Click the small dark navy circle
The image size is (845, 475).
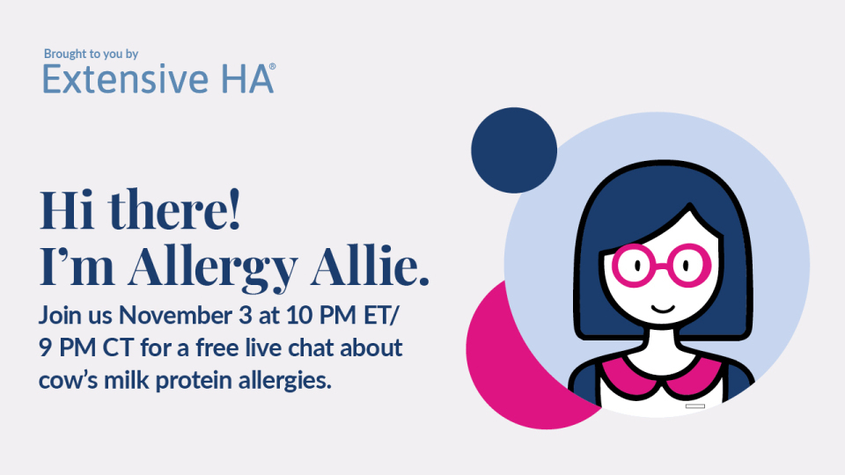tap(514, 150)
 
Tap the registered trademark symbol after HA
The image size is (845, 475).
tap(272, 67)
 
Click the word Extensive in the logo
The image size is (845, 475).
tap(125, 79)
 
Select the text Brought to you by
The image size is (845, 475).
tap(91, 54)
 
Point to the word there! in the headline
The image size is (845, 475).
tap(174, 209)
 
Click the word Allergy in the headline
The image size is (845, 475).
tap(212, 267)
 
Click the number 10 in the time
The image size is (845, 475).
tap(299, 315)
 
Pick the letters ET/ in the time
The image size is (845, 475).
tap(381, 316)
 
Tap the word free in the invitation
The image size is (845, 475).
tap(217, 347)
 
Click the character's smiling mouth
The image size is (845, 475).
tap(663, 309)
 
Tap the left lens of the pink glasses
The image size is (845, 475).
tap(636, 266)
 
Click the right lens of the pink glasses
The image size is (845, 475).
tap(687, 265)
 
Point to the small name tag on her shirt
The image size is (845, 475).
tap(695, 406)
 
